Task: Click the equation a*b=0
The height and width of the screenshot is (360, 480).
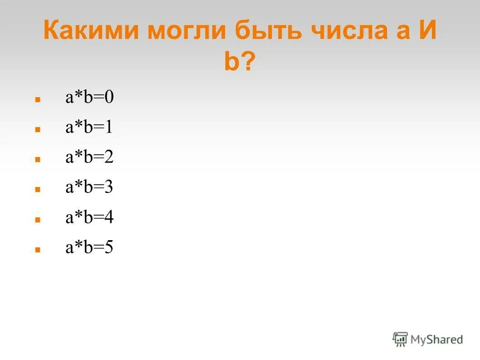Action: coord(89,97)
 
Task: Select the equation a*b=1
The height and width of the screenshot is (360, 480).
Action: coord(89,128)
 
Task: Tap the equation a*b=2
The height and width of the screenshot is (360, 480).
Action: coord(89,158)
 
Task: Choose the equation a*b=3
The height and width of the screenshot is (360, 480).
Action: coord(89,187)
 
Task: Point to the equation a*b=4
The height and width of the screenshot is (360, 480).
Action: coord(89,217)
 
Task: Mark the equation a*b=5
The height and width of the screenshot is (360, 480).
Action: coord(89,248)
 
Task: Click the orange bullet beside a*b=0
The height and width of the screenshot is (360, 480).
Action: coord(38,99)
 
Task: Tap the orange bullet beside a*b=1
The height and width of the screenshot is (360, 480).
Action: coord(38,129)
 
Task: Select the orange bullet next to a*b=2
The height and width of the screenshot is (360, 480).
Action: coord(38,159)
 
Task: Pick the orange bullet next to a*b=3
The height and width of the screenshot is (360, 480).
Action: coord(38,189)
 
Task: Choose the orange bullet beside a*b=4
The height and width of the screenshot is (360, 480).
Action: coord(38,219)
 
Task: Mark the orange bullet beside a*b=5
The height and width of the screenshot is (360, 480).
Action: coord(38,250)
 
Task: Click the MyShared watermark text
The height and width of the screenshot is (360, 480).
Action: coord(436,339)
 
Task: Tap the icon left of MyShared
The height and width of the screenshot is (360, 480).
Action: coord(400,339)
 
